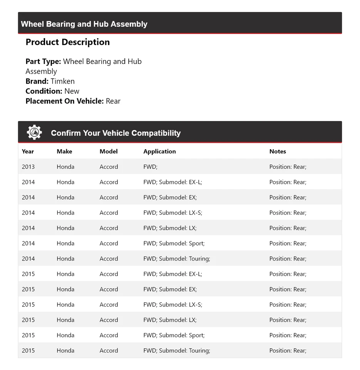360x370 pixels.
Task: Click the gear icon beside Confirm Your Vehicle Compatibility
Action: [x=34, y=133]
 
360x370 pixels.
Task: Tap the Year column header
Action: [x=28, y=151]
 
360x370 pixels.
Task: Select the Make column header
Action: [x=64, y=151]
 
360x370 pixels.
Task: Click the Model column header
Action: [x=109, y=151]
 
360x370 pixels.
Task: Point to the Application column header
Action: [x=159, y=151]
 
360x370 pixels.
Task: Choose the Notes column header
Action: [x=278, y=151]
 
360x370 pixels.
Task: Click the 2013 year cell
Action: [x=28, y=167]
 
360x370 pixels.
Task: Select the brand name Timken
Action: [x=62, y=81]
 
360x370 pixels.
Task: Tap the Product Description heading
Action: [x=68, y=42]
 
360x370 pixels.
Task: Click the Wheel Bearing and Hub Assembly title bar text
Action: [x=84, y=24]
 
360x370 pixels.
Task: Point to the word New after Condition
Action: [x=72, y=91]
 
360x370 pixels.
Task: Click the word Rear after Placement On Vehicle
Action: [x=113, y=101]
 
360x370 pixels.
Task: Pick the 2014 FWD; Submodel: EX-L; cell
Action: [x=172, y=182]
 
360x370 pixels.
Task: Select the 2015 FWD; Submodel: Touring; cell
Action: [x=177, y=351]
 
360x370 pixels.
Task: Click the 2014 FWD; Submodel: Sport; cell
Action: [x=174, y=244]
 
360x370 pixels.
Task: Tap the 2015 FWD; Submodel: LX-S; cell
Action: [x=172, y=305]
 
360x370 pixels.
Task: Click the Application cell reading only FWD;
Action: [x=151, y=167]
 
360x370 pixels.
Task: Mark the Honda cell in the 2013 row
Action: [x=65, y=167]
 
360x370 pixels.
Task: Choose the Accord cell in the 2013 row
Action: [x=109, y=167]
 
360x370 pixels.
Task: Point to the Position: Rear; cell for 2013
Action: [x=288, y=167]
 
